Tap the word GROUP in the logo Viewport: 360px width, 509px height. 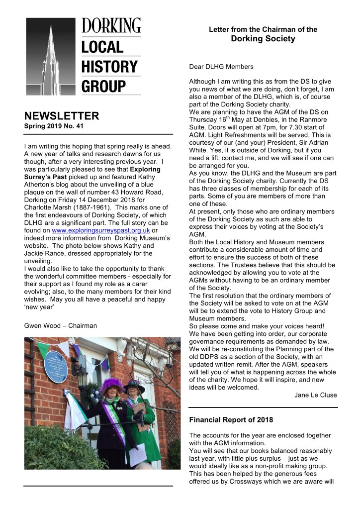point(102,86)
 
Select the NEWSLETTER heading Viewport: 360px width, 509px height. point(62,116)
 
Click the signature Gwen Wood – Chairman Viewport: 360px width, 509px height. point(60,326)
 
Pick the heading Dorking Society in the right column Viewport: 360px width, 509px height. point(263,39)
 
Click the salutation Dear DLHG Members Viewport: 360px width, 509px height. point(221,66)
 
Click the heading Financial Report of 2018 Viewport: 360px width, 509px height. point(231,420)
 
